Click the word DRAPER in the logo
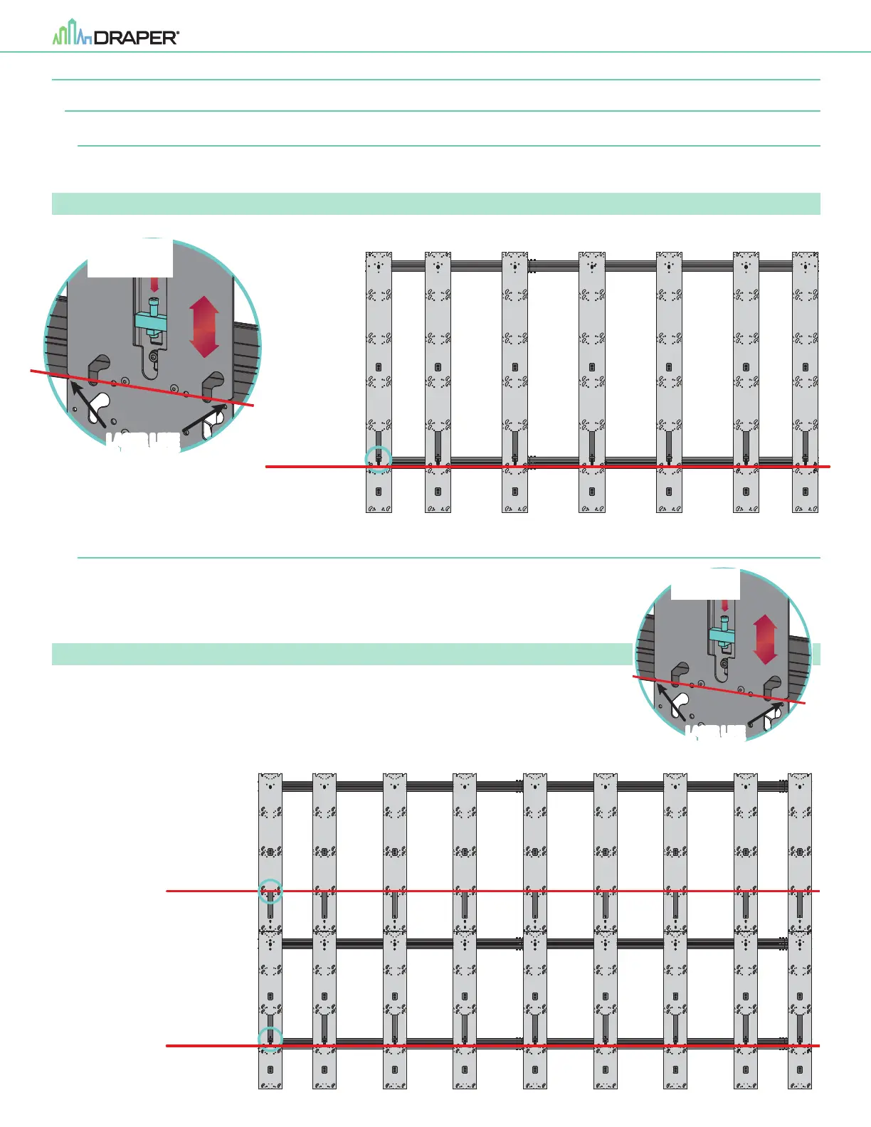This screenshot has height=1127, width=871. tap(136, 38)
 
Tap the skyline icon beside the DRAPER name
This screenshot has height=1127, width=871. tap(72, 33)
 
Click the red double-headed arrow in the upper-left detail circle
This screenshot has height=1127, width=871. tap(204, 327)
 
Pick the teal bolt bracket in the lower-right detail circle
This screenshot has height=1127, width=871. tap(724, 634)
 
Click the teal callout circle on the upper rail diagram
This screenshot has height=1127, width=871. tap(379, 459)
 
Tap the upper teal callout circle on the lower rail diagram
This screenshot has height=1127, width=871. tap(270, 891)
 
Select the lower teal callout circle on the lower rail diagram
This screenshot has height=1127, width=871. tap(270, 1039)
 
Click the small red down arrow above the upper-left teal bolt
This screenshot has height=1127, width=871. tap(154, 284)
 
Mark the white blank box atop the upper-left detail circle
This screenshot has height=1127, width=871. tap(130, 258)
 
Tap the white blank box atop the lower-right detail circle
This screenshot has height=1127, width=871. tap(705, 584)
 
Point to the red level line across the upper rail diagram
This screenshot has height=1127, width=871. tap(548, 467)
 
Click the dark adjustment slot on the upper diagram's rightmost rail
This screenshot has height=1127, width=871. tap(806, 445)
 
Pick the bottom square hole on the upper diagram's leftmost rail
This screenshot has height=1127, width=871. tap(379, 491)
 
